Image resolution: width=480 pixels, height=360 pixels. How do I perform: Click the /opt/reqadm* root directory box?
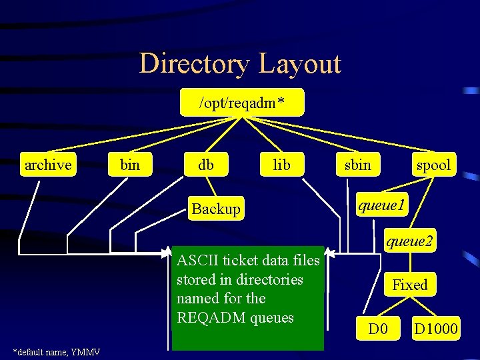[242, 103]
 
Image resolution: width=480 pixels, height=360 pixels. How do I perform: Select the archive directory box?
[47, 165]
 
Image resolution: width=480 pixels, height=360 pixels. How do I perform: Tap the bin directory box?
[129, 165]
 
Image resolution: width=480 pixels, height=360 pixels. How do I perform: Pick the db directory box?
[206, 165]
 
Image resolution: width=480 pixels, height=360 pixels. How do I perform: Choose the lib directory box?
[282, 165]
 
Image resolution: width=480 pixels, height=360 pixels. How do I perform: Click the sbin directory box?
[358, 165]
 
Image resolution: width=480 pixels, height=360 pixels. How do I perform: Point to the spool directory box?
[433, 165]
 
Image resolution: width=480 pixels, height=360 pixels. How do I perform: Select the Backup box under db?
[215, 209]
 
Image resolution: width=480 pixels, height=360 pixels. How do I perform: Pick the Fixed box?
[409, 285]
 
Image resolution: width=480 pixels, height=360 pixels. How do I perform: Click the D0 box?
[378, 328]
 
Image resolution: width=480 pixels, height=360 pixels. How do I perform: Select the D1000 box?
[436, 328]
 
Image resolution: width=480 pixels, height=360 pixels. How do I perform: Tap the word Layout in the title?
[299, 64]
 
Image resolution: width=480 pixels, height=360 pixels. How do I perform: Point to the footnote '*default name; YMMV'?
[57, 351]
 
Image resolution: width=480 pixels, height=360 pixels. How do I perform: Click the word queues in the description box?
[272, 317]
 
